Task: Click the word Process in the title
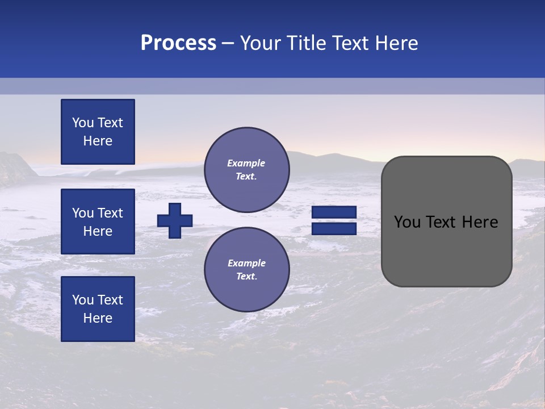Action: coord(178,43)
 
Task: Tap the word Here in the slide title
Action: coord(396,43)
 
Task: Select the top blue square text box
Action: coord(98,132)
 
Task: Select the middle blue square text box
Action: coord(98,222)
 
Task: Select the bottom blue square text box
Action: coord(98,309)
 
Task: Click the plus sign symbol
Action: coord(175,220)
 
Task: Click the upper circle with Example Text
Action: coord(246,170)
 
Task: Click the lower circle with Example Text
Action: coord(246,270)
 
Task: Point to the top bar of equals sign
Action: coord(334,212)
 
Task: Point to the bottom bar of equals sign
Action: coord(334,229)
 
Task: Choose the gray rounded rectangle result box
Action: coord(446,222)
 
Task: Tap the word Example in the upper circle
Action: coord(246,164)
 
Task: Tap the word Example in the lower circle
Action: coord(246,264)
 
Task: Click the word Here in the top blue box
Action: coord(98,141)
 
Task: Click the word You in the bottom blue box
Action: coord(83,300)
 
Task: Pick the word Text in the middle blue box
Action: coord(110,213)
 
